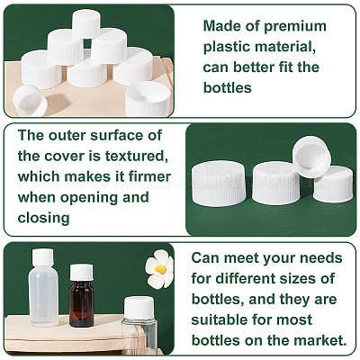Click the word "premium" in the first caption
click(x=295, y=27)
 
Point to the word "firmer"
click(x=149, y=176)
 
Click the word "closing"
click(x=44, y=218)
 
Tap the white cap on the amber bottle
click(x=81, y=272)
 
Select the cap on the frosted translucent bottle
click(x=42, y=257)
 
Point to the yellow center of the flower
click(x=161, y=269)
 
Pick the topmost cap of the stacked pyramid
click(x=86, y=23)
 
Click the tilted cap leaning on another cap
click(x=311, y=157)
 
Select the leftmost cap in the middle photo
click(x=219, y=183)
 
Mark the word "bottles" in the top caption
click(x=228, y=87)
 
